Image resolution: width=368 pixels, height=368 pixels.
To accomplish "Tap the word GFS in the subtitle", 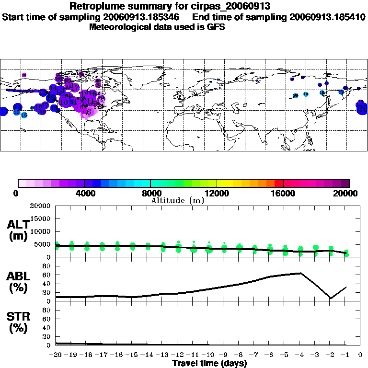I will [216, 27].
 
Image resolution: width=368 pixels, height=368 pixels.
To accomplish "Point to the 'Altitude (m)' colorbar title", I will [177, 200].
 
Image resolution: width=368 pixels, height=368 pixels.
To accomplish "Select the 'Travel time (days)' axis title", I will [209, 364].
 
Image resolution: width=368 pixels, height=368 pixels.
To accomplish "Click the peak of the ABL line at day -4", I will [300, 273].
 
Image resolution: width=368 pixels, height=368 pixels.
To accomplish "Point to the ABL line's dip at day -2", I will [331, 299].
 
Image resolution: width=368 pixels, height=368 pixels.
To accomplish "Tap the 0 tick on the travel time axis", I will [361, 355].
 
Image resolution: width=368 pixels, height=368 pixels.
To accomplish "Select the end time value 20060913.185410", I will [327, 17].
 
